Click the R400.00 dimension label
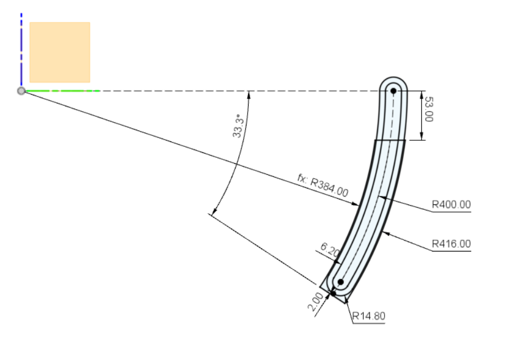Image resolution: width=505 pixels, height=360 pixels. pyautogui.click(x=451, y=204)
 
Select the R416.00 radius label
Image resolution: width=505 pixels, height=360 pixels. pyautogui.click(x=451, y=244)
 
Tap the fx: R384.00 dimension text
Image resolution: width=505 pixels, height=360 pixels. pyautogui.click(x=323, y=185)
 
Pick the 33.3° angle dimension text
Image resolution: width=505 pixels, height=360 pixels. pyautogui.click(x=237, y=125)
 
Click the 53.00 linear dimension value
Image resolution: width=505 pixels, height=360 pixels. pyautogui.click(x=429, y=109)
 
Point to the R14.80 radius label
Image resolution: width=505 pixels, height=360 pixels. pyautogui.click(x=369, y=316)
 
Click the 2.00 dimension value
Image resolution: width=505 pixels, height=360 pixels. pyautogui.click(x=315, y=302)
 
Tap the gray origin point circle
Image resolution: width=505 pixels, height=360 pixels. pyautogui.click(x=21, y=91)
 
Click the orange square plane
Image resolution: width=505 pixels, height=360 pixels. pyautogui.click(x=60, y=52)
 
